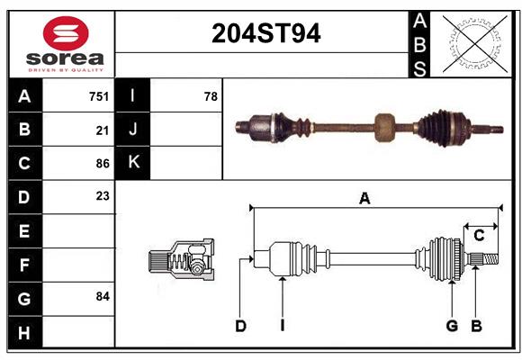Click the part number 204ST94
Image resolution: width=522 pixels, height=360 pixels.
click(266, 33)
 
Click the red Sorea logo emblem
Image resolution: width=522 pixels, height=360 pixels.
click(66, 33)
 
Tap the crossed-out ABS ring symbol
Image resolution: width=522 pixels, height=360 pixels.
click(474, 44)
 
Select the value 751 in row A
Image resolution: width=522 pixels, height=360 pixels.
click(99, 96)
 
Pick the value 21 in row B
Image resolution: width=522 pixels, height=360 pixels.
click(103, 130)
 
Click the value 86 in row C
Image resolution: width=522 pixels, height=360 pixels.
click(103, 164)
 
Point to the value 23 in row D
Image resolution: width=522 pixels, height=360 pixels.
click(103, 196)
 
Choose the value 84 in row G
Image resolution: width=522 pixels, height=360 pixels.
click(103, 296)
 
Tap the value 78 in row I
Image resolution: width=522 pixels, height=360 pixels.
click(211, 96)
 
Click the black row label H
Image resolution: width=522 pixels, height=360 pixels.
click(25, 332)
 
